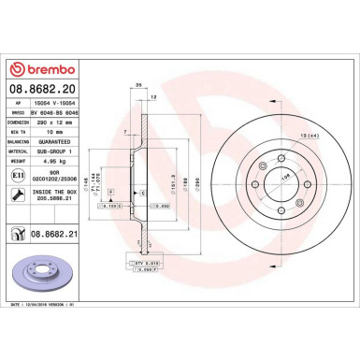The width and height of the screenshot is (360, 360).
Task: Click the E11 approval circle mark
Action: [x=18, y=175]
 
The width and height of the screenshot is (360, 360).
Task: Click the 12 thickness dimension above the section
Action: [x=153, y=97]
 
